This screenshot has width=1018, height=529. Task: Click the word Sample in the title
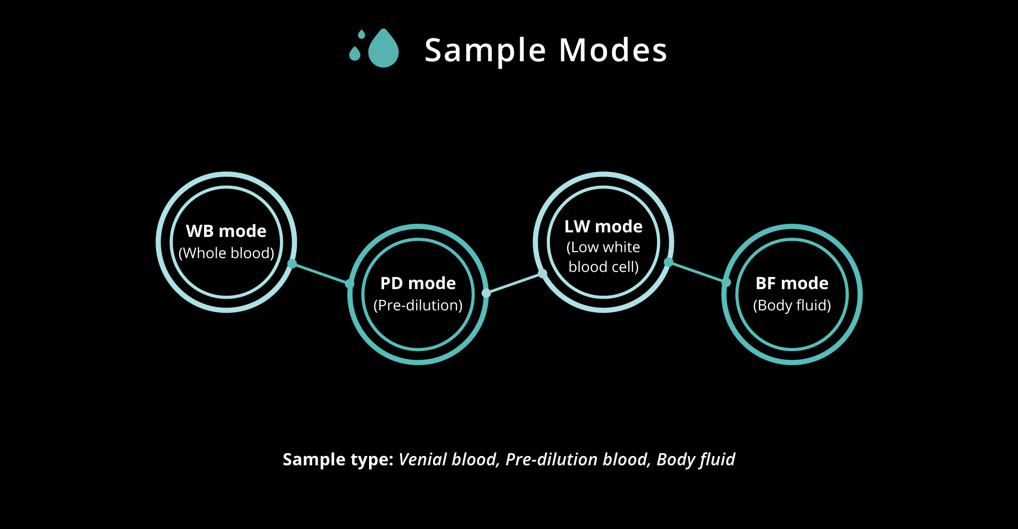click(x=485, y=51)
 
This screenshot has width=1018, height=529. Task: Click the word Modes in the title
click(x=613, y=50)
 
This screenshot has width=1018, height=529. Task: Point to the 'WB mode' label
click(x=226, y=231)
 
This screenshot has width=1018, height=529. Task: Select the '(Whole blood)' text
click(x=226, y=253)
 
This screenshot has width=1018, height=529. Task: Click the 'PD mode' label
click(x=418, y=284)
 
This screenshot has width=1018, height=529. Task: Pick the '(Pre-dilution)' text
click(x=418, y=306)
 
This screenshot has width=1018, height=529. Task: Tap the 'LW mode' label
click(x=604, y=227)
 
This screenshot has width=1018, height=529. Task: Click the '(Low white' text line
click(x=603, y=247)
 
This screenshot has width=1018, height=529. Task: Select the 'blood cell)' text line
click(x=604, y=267)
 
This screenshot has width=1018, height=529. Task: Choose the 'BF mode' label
click(x=792, y=284)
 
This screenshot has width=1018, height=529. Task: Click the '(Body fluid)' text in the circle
click(x=792, y=306)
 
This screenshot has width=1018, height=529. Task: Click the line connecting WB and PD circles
click(x=321, y=274)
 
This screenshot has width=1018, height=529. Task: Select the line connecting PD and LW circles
click(x=514, y=283)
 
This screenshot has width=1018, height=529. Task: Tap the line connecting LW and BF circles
click(x=698, y=272)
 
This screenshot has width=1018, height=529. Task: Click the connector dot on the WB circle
click(x=292, y=264)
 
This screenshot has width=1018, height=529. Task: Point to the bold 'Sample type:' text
click(x=338, y=460)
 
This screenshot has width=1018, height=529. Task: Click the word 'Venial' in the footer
click(x=423, y=459)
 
